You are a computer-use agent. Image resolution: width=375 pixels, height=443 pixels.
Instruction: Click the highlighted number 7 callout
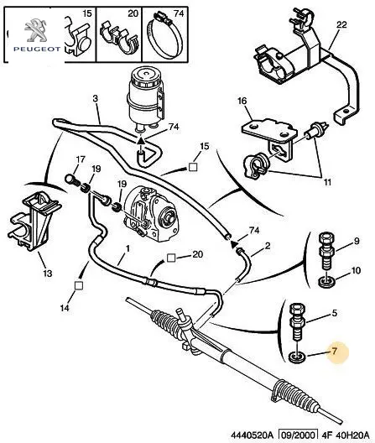click(335, 351)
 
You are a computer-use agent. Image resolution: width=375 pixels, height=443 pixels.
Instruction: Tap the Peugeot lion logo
click(35, 30)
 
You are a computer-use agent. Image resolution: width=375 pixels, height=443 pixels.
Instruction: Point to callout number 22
click(341, 25)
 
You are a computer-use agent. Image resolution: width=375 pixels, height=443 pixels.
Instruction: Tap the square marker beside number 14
click(79, 285)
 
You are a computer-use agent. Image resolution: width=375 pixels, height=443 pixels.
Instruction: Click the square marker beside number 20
click(170, 258)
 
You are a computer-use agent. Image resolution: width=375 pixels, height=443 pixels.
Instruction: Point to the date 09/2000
click(297, 435)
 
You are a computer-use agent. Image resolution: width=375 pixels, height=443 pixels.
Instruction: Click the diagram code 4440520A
click(253, 435)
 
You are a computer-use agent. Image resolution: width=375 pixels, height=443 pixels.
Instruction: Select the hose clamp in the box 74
click(164, 37)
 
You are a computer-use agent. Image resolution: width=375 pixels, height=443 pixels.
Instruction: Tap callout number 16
click(242, 101)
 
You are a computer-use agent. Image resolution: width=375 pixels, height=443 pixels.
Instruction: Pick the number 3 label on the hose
click(96, 99)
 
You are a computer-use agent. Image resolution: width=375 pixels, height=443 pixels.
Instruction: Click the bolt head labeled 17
click(70, 179)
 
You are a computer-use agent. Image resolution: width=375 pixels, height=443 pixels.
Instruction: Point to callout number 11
click(327, 182)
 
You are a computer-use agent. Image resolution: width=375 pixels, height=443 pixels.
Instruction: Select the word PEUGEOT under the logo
click(37, 50)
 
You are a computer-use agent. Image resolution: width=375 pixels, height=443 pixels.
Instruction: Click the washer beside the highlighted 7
click(298, 357)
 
